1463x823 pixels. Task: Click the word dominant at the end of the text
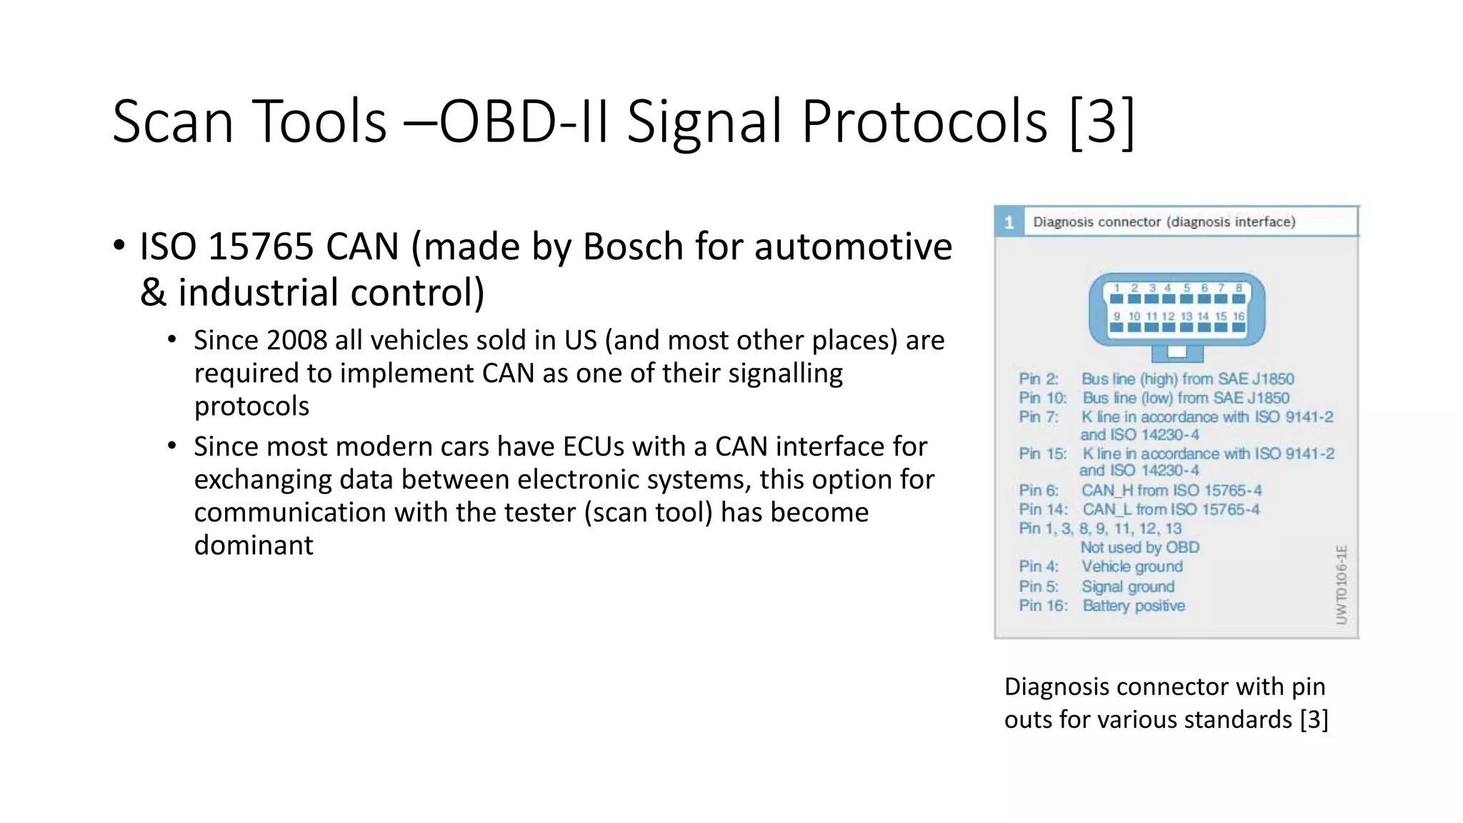tap(253, 545)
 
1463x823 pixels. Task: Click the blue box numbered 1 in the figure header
tap(1009, 222)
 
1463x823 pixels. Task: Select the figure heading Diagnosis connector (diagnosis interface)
tap(1164, 222)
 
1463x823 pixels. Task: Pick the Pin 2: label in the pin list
tap(1038, 379)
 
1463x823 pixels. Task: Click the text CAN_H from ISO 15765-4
tap(1171, 490)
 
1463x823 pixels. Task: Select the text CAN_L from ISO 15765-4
tap(1170, 509)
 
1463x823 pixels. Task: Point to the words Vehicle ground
tap(1132, 567)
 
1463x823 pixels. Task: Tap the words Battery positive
tap(1133, 606)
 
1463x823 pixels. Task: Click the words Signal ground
tap(1127, 587)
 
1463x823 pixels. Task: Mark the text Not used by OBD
tap(1139, 547)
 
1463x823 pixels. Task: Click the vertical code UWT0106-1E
tap(1341, 584)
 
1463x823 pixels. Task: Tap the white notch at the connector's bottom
tap(1177, 351)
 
